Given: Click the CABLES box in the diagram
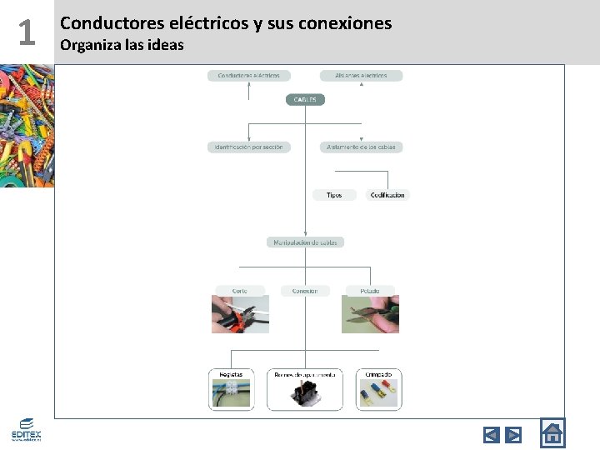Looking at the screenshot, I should (x=305, y=99).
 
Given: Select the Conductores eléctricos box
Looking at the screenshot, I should (x=249, y=76).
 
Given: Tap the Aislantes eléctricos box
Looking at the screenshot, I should (x=361, y=76).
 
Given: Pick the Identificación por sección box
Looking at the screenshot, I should (x=249, y=147).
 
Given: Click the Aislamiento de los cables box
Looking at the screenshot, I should (x=362, y=147).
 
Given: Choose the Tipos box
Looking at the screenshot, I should (x=333, y=195).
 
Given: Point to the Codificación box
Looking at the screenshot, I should (x=387, y=195).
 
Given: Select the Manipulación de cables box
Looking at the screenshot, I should (x=305, y=242).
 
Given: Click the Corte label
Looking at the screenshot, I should (x=240, y=291).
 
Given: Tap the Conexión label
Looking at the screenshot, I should (x=305, y=291).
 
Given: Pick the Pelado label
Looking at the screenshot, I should (x=370, y=291).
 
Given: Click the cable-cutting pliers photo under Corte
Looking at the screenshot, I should (x=240, y=315).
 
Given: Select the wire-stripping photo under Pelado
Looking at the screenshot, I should (x=371, y=315).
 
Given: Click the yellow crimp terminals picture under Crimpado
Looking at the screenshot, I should (x=379, y=391).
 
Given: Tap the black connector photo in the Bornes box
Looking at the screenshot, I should (x=305, y=394).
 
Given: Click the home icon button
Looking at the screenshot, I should (x=552, y=433).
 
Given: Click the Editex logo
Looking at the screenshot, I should (x=26, y=429).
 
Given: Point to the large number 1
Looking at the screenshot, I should (x=27, y=33).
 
